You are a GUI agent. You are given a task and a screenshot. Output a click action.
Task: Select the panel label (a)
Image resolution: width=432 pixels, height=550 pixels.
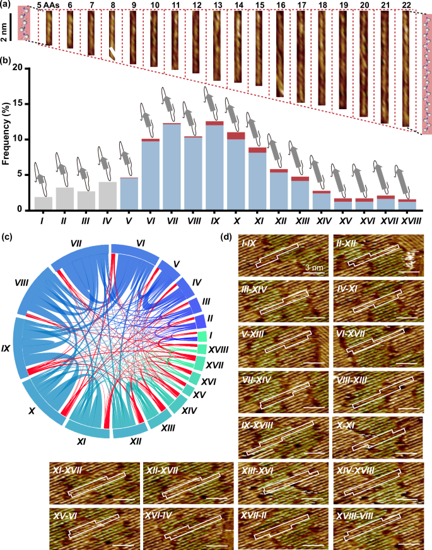(6, 6)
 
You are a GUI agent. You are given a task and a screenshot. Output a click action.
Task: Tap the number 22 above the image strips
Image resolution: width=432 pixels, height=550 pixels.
(406, 6)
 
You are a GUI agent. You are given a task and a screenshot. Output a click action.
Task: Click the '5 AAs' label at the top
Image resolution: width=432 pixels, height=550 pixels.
(48, 6)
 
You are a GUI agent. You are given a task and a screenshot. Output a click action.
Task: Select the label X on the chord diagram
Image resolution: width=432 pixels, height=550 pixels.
(32, 411)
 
